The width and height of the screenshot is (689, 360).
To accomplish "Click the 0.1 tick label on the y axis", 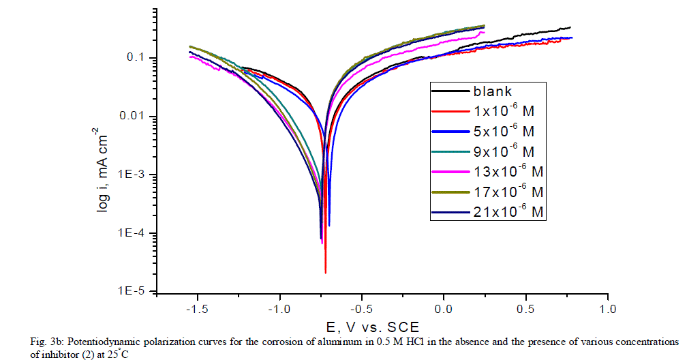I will (x=138, y=58).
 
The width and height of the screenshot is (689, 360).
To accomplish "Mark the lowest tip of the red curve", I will (x=325, y=273).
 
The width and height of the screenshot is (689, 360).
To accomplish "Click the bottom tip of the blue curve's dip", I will (x=329, y=225).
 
